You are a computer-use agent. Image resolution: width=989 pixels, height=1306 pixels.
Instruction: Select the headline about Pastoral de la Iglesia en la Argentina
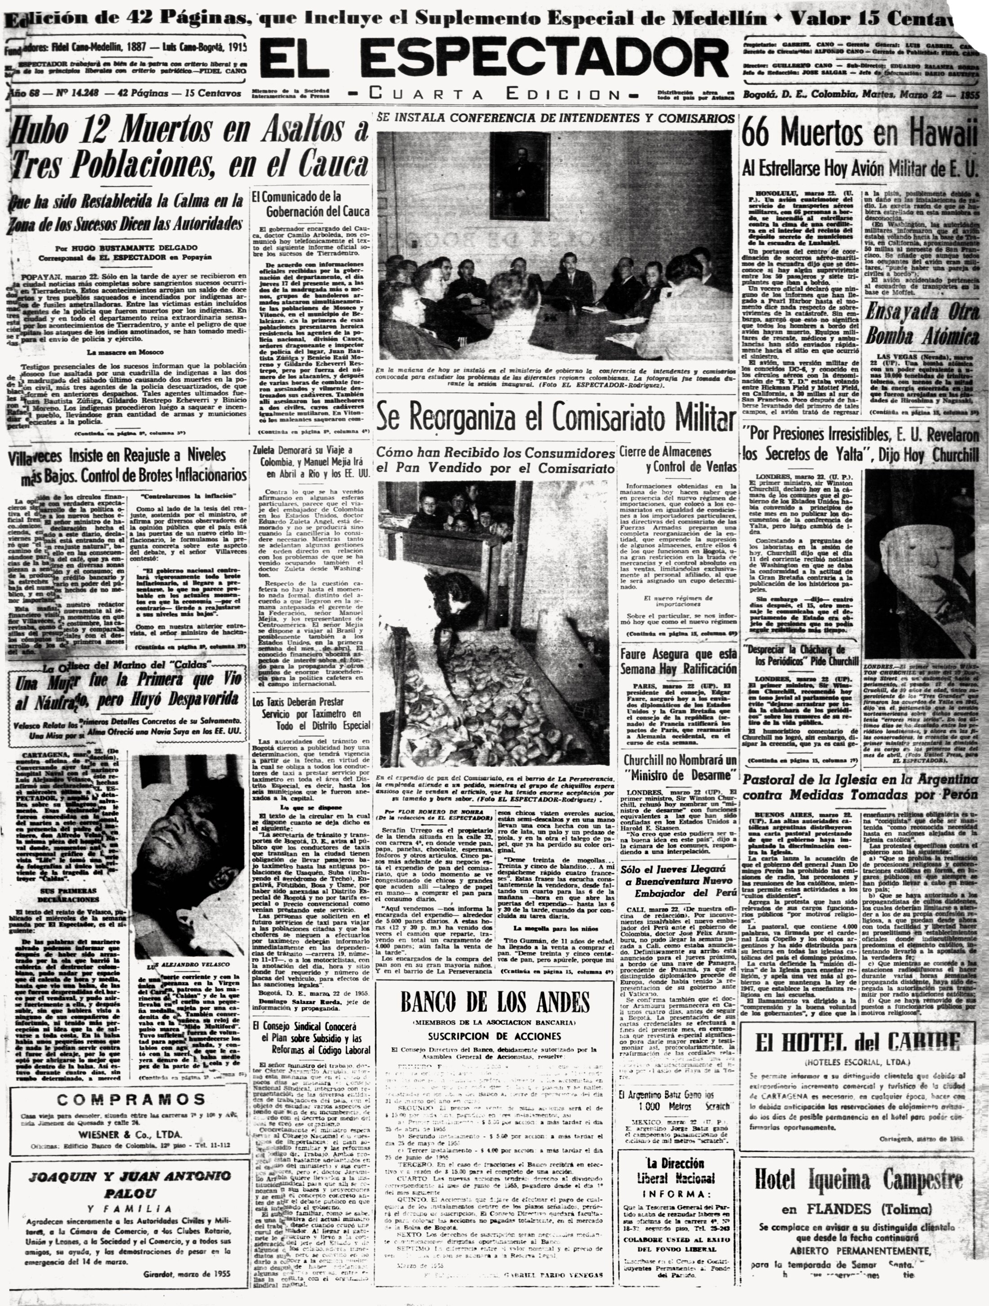pyautogui.click(x=859, y=786)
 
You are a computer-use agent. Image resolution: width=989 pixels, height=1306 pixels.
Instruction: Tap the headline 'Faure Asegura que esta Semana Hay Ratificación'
pyautogui.click(x=678, y=661)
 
